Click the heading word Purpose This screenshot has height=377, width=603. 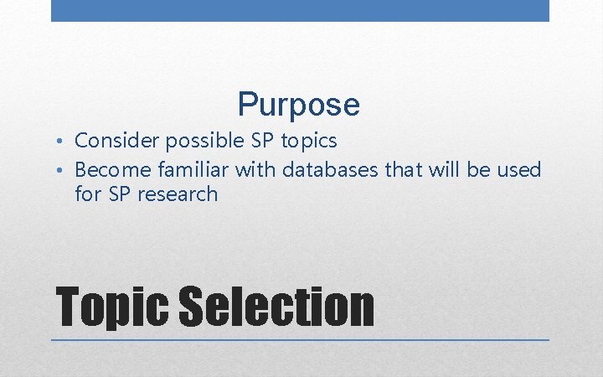pyautogui.click(x=299, y=105)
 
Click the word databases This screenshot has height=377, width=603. pyautogui.click(x=331, y=170)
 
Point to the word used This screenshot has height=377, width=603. pyautogui.click(x=519, y=170)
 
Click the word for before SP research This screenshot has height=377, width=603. pyautogui.click(x=88, y=194)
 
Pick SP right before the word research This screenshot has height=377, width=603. pyautogui.click(x=121, y=194)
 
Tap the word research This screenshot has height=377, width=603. pyautogui.click(x=179, y=194)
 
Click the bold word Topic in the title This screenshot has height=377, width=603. pyautogui.click(x=112, y=307)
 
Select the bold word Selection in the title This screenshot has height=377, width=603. pyautogui.click(x=277, y=307)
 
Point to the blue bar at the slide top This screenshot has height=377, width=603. pyautogui.click(x=300, y=10)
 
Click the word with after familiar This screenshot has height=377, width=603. pyautogui.click(x=256, y=170)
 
